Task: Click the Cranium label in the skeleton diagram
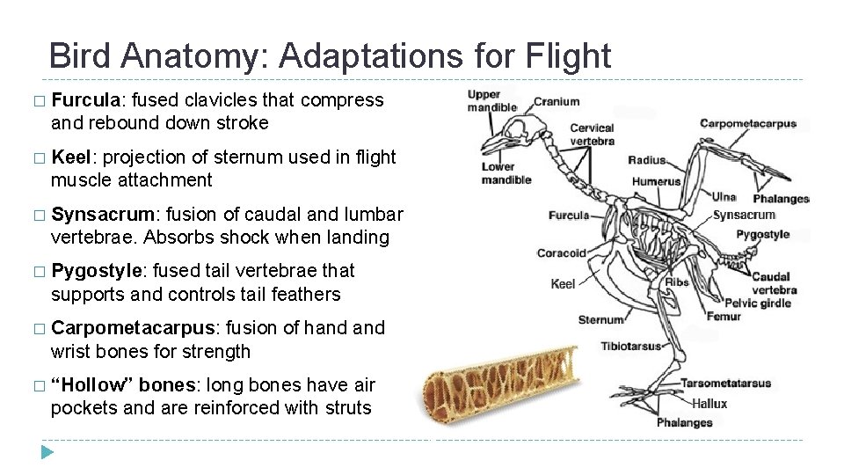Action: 557,102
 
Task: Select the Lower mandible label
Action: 506,173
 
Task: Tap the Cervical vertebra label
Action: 592,135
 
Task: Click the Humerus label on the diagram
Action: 656,182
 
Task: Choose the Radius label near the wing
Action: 647,160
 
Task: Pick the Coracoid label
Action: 561,253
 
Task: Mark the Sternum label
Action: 600,318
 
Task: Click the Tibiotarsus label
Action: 630,346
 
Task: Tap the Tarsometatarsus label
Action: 725,384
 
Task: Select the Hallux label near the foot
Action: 709,404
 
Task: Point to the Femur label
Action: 724,317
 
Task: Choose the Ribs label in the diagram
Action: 677,282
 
